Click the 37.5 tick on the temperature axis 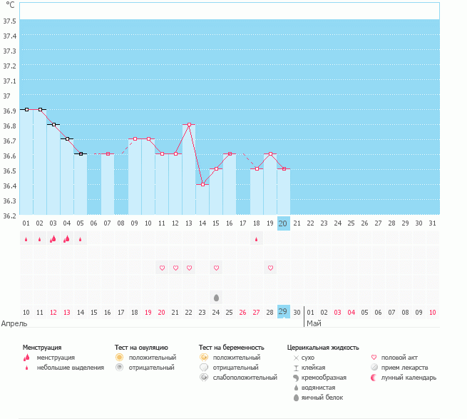pos(10,20)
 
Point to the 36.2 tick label pos(10,215)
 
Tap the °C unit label pos(10,5)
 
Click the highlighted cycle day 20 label pos(283,223)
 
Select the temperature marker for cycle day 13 pos(189,124)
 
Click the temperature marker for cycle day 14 pos(202,184)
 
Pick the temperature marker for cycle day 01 pos(26,109)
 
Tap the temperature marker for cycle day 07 pos(108,153)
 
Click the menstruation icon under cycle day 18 pos(257,239)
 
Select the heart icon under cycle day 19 pos(270,268)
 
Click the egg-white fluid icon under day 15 pos(216,296)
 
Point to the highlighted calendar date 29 pos(283,312)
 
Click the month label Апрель pos(15,323)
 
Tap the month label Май pos(314,323)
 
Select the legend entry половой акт pos(401,357)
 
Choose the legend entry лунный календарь pos(408,377)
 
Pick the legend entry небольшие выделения pos(70,368)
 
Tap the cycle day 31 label pos(433,223)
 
